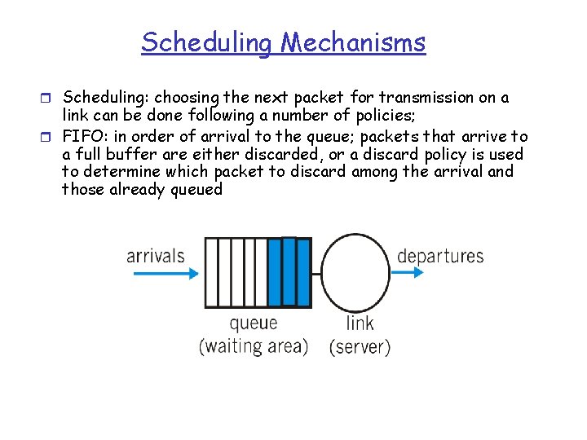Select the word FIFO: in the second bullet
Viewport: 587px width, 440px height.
85,136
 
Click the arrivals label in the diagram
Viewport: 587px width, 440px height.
155,256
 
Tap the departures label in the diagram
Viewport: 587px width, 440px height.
440,256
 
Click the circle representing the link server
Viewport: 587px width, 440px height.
359,272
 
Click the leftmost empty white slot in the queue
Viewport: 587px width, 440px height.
210,272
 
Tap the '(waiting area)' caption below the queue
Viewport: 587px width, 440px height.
254,346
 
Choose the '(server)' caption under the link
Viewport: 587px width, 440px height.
360,346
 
